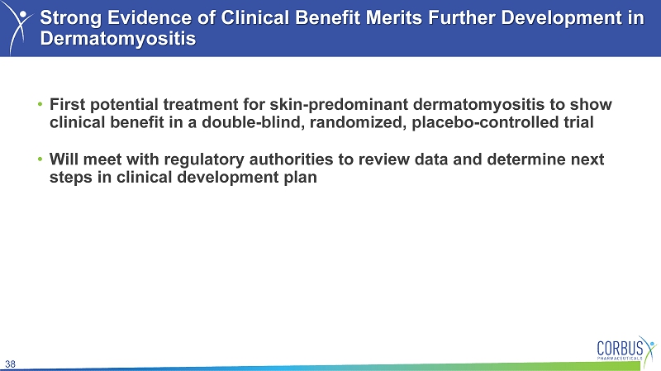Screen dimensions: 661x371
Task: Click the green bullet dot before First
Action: pos(40,104)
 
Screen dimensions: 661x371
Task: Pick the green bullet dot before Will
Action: pos(40,159)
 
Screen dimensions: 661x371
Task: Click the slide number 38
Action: pos(10,364)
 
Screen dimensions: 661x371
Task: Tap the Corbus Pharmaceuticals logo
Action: pos(626,349)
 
